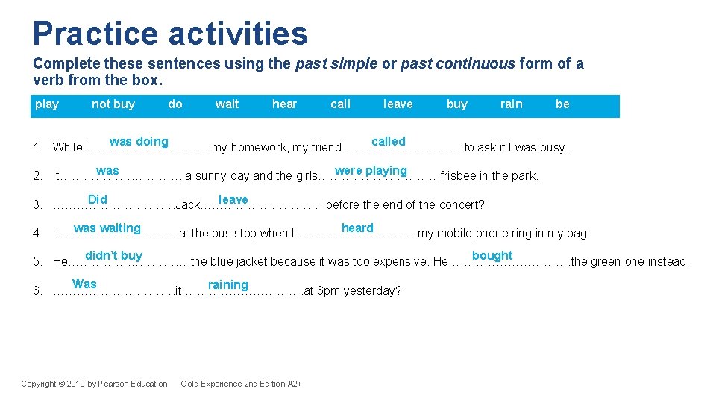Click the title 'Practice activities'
170,34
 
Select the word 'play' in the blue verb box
47,104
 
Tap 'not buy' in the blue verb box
113,104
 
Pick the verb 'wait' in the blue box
227,104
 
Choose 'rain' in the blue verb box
511,104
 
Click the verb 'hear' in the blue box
284,104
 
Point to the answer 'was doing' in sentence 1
139,142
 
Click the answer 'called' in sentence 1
389,142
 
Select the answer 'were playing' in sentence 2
371,171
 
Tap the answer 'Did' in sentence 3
98,199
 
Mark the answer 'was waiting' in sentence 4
107,228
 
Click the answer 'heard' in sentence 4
357,228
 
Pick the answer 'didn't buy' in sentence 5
113,256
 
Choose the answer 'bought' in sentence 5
492,256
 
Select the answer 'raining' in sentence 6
227,284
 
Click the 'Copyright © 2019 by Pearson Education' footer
94,384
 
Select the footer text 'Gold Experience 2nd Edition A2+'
241,384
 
